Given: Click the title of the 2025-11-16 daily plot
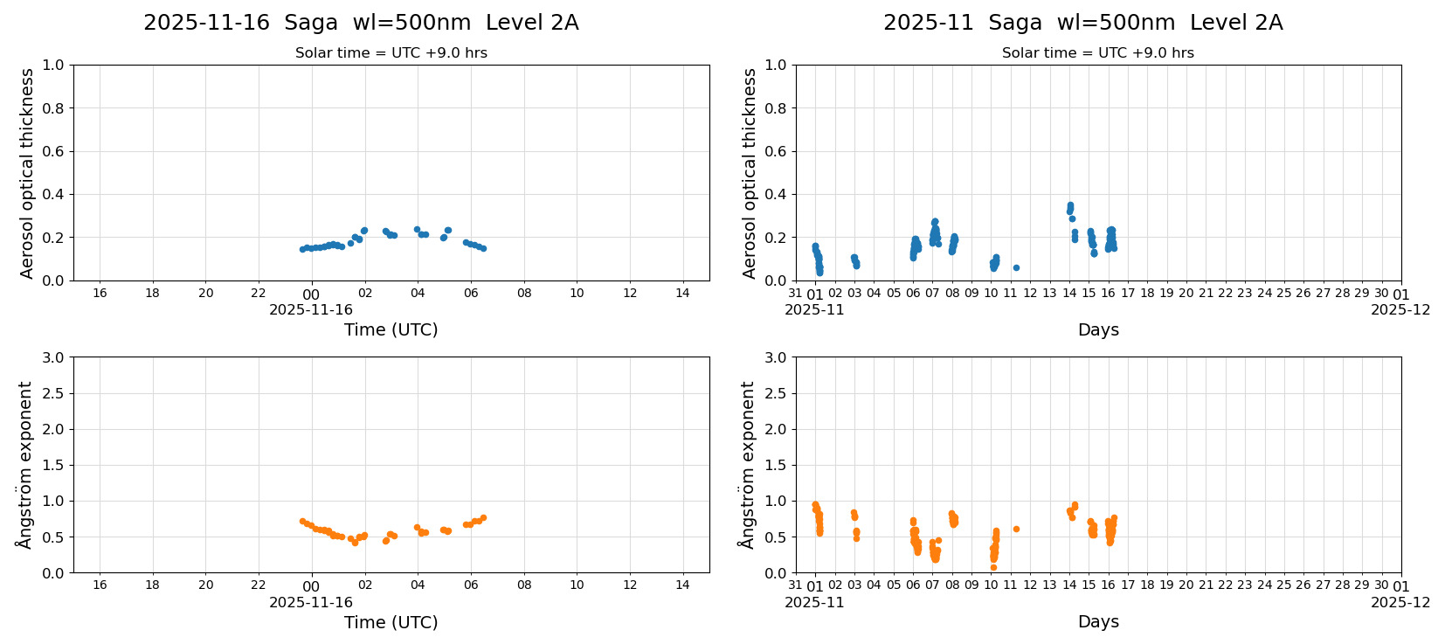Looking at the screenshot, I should (x=361, y=23).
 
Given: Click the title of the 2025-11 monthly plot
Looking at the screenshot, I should (x=1082, y=23).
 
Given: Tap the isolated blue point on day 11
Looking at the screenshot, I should (x=1016, y=267).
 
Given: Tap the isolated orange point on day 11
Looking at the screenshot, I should (x=1016, y=529).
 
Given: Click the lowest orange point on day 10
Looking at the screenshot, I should (x=993, y=568).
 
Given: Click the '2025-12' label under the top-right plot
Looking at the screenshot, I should (x=1400, y=309).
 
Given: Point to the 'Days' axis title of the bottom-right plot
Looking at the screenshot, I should (x=1097, y=622).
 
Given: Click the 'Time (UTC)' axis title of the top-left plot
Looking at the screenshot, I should (x=391, y=329).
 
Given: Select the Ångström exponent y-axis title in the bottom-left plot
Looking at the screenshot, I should (x=25, y=465).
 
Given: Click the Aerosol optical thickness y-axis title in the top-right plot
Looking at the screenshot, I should (x=750, y=173).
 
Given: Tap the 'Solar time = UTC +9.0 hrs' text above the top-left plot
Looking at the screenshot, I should (x=391, y=53).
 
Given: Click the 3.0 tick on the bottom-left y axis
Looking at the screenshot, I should (x=53, y=357).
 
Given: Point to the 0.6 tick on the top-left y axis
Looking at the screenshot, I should (x=53, y=151).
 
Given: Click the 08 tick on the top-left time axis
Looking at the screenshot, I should (x=524, y=293).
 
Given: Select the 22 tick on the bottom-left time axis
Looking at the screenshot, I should (x=259, y=585).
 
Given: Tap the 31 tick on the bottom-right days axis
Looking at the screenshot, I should (x=795, y=585).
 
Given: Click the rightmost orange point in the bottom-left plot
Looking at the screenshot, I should (x=483, y=518).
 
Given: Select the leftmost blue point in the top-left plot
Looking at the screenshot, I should (x=302, y=249).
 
